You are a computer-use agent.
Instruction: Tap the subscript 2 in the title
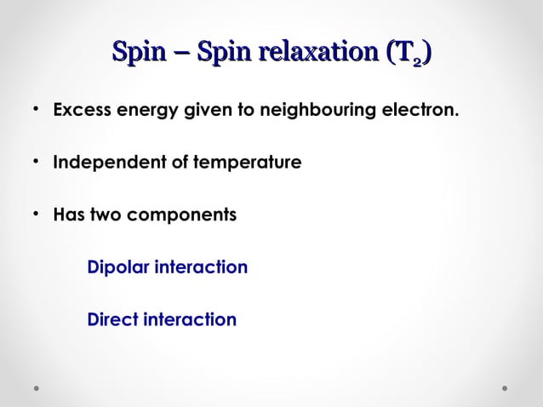click(x=416, y=61)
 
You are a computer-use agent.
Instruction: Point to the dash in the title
click(x=180, y=57)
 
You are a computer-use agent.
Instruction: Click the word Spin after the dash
click(x=221, y=55)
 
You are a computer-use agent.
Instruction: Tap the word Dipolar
click(x=115, y=268)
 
